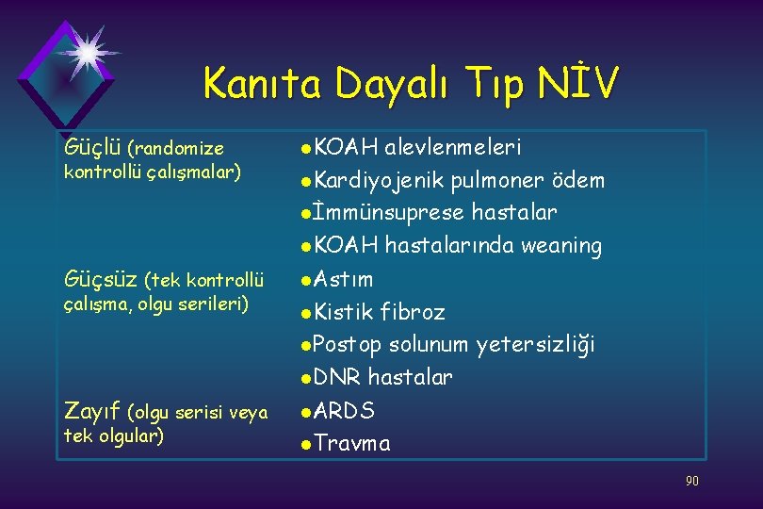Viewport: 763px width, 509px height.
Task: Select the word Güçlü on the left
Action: [x=90, y=148]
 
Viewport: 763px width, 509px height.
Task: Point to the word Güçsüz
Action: [x=100, y=279]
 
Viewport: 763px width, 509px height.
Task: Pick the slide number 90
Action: [x=691, y=482]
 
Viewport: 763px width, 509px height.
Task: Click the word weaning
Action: [x=561, y=246]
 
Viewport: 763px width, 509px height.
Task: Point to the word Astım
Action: [x=343, y=279]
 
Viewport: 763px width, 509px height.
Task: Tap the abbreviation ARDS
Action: [x=344, y=411]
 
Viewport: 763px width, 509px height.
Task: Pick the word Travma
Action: [x=351, y=444]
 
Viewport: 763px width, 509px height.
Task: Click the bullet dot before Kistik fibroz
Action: [x=305, y=313]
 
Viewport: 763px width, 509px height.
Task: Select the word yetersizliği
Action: [x=535, y=345]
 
